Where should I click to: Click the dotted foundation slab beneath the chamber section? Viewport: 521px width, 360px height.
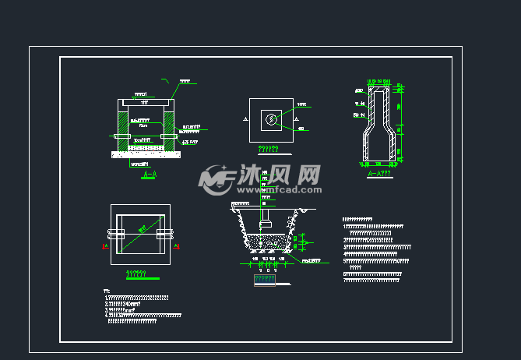point(146,154)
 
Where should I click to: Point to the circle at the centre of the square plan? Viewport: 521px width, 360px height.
point(270,119)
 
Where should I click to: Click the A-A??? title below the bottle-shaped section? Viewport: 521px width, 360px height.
point(378,174)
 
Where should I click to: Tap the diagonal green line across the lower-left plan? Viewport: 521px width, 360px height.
point(140,234)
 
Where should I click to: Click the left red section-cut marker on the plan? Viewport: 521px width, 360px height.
point(105,246)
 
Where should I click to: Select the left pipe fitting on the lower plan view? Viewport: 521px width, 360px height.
point(117,234)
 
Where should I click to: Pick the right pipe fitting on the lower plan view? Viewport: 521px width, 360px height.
point(164,234)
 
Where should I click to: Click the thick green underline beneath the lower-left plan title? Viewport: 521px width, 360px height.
point(142,278)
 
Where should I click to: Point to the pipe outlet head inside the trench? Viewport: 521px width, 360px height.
point(266,224)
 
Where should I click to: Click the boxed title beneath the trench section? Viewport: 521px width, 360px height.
point(265,279)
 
